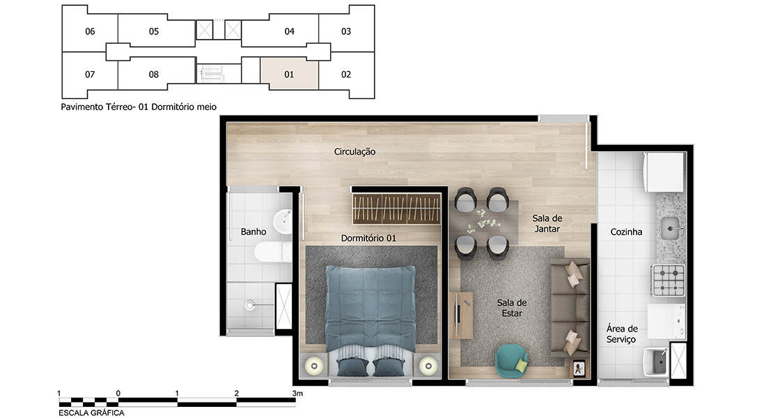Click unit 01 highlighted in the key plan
[289, 75]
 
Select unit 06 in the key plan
[90, 31]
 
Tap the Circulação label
[354, 152]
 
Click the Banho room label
[253, 232]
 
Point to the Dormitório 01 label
[368, 238]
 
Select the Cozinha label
[626, 232]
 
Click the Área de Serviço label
[622, 334]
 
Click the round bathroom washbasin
[283, 221]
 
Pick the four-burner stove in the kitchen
[669, 281]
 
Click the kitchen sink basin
[672, 229]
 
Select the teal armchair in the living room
[511, 361]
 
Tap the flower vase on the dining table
[482, 221]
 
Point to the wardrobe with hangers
[396, 209]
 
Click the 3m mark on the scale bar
[297, 394]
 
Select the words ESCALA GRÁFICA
[91, 413]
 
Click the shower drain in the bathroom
[250, 306]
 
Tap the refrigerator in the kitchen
[664, 172]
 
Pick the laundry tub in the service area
[656, 362]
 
